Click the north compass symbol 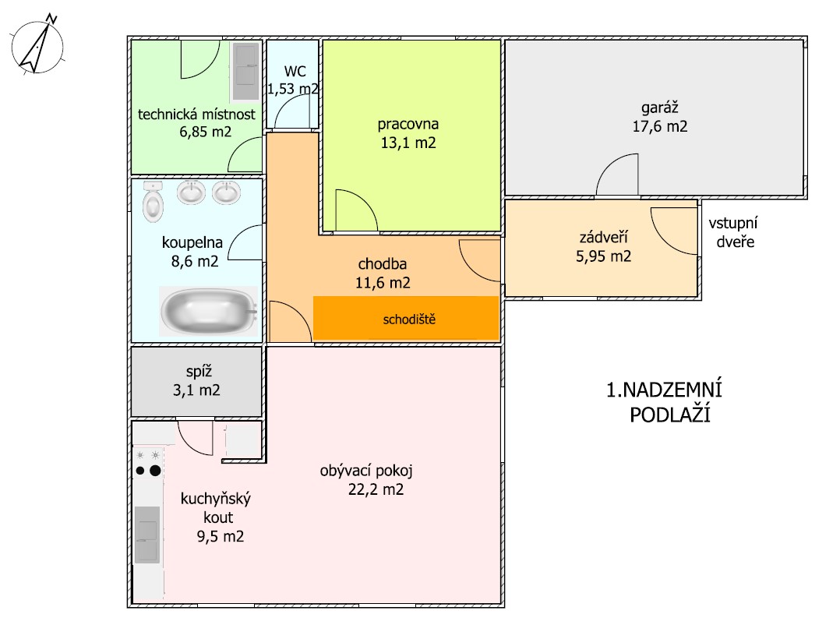[x=37, y=45]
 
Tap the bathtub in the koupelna [x=209, y=311]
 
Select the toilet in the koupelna [x=153, y=201]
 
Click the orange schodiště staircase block [x=406, y=318]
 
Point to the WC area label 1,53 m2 [x=293, y=89]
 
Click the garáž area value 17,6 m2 [x=660, y=126]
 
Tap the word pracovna [x=408, y=124]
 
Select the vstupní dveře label [x=734, y=232]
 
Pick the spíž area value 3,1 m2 [x=196, y=390]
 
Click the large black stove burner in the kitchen [x=155, y=471]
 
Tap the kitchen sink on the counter [x=146, y=535]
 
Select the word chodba [x=383, y=264]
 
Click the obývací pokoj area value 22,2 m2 [x=376, y=489]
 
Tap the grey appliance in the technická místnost [x=246, y=71]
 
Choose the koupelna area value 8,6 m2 [x=195, y=261]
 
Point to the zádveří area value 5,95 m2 [x=604, y=256]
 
